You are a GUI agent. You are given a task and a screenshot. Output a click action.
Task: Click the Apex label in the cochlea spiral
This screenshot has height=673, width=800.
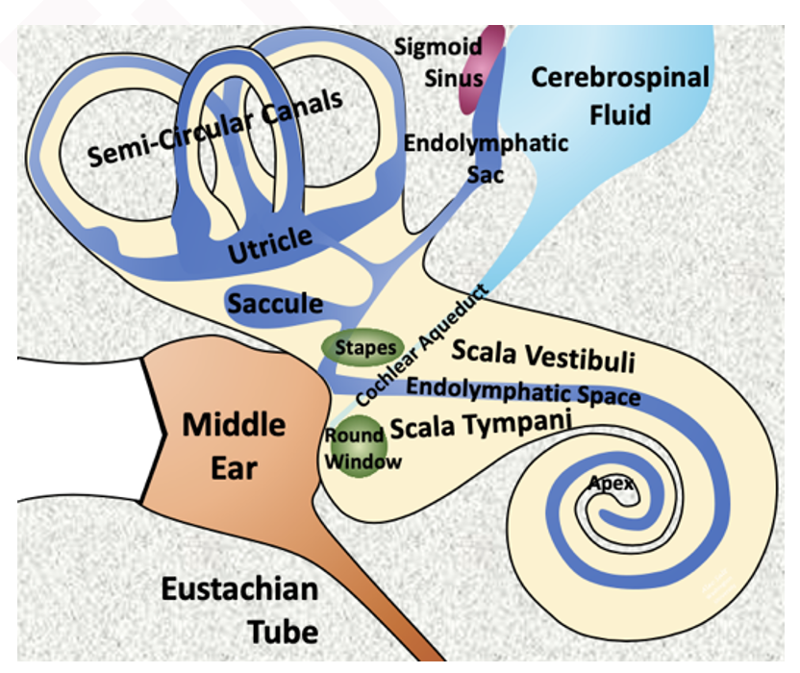[x=612, y=483]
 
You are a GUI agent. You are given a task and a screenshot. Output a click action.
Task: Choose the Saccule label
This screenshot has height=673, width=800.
[x=275, y=303]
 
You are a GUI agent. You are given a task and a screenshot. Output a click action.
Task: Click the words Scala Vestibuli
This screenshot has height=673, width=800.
[x=543, y=355]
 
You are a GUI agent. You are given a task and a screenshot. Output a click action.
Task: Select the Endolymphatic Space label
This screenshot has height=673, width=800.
[x=523, y=389]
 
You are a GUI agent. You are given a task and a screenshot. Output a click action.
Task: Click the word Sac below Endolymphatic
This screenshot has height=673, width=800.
[x=486, y=175]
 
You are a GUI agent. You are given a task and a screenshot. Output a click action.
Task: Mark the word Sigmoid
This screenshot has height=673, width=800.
[x=438, y=46]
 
